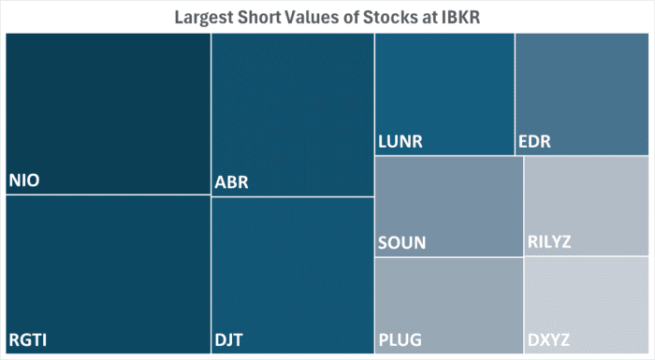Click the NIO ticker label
24,180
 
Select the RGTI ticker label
28,339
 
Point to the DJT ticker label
229,339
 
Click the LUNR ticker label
400,142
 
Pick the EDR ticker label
534,142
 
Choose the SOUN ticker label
401,242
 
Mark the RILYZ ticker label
549,242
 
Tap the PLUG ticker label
401,338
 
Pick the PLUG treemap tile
449,299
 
